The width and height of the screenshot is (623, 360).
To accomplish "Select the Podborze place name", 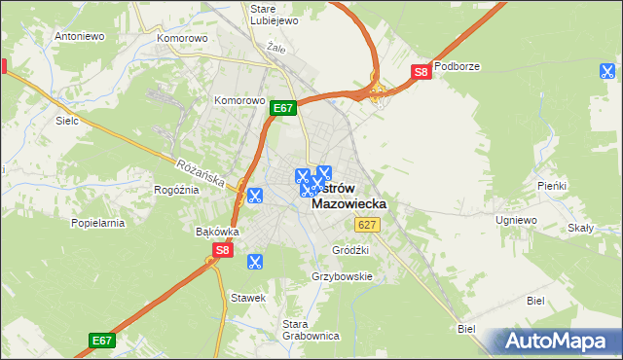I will (458, 66).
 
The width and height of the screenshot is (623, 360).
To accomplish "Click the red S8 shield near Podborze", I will (421, 72).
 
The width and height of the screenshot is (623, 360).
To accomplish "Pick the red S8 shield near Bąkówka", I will (223, 250).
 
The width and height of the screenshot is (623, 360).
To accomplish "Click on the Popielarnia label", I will (97, 223).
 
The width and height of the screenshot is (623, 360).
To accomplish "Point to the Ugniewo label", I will (516, 220).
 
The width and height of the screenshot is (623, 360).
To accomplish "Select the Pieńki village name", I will (552, 185).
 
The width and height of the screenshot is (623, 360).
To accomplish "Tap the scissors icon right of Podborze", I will (607, 70).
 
